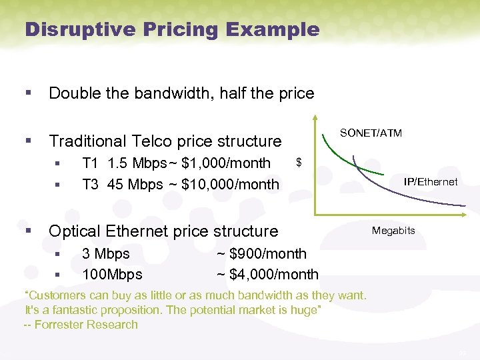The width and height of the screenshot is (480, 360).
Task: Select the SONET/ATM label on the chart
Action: (x=371, y=133)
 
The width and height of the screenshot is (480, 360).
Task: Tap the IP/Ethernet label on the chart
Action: (x=431, y=182)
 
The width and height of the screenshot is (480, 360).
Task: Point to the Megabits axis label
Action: (x=393, y=231)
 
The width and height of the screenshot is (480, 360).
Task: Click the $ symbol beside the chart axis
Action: (x=299, y=162)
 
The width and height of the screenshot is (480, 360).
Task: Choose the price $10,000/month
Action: (x=230, y=185)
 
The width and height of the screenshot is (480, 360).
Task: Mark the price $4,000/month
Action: (x=274, y=274)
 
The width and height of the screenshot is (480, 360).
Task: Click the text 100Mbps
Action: (x=111, y=274)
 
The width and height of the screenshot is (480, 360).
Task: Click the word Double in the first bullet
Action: (x=72, y=93)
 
